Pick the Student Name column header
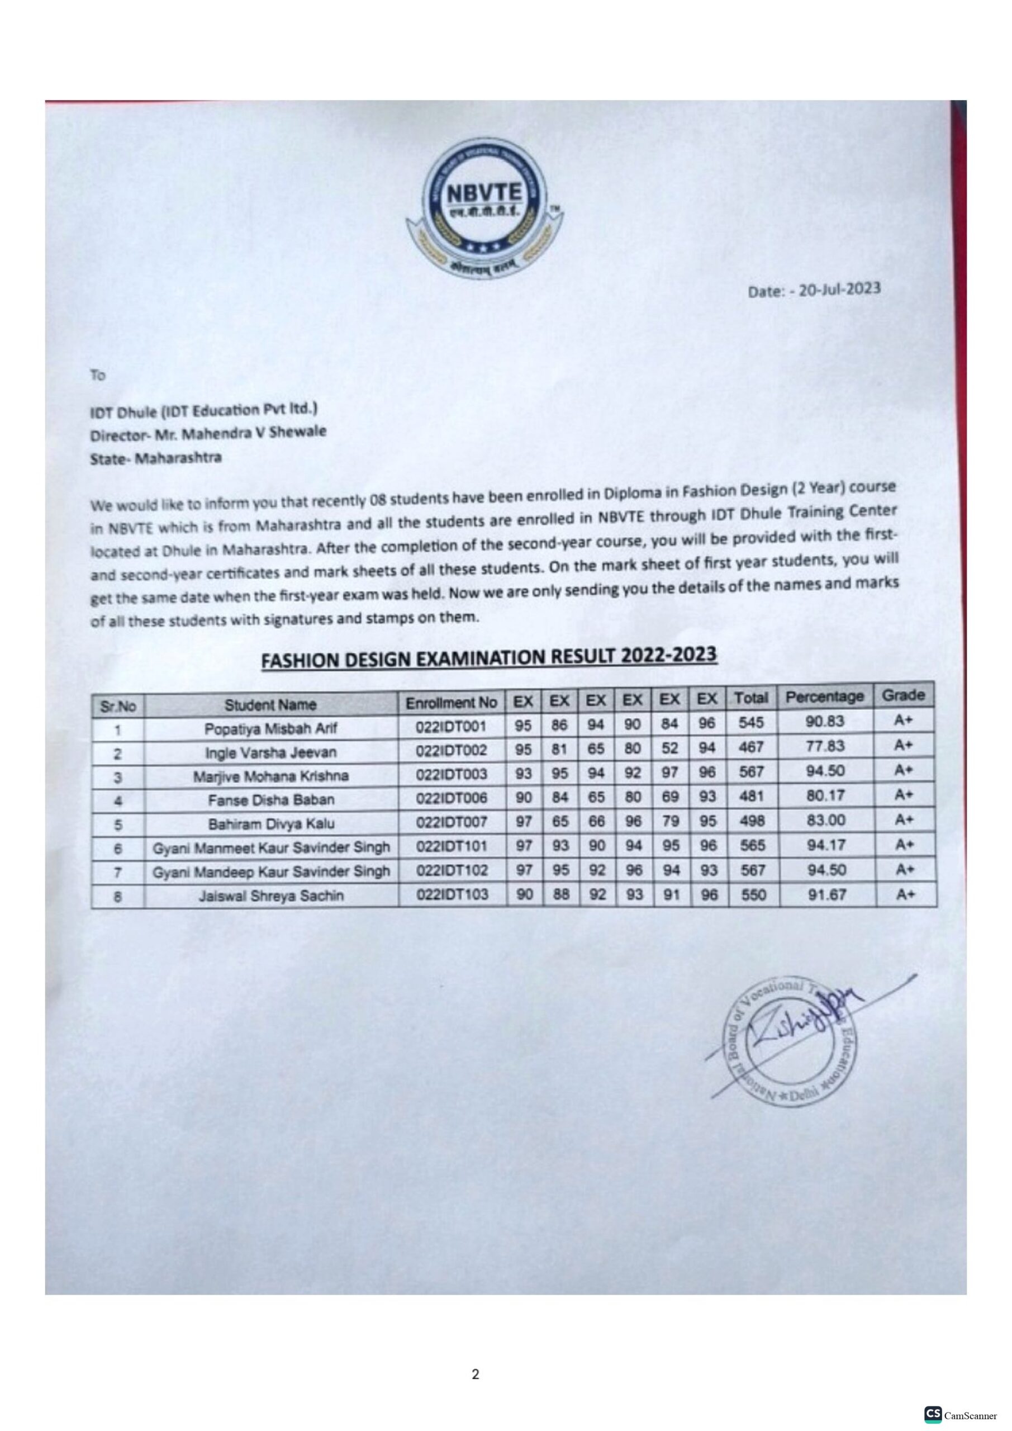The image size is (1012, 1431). tap(270, 705)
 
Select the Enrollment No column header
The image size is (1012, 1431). tap(452, 703)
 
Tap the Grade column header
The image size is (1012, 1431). tap(903, 695)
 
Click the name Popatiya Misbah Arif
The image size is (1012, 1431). tap(270, 728)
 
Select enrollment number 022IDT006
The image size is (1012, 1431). tap(452, 798)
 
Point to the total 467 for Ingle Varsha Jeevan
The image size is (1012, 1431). tap(751, 747)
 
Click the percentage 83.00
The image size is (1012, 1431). tap(825, 819)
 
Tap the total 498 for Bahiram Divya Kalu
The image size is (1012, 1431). tap(752, 821)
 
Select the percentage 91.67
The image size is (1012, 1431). tap(826, 895)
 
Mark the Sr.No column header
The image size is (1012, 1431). tap(117, 707)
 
